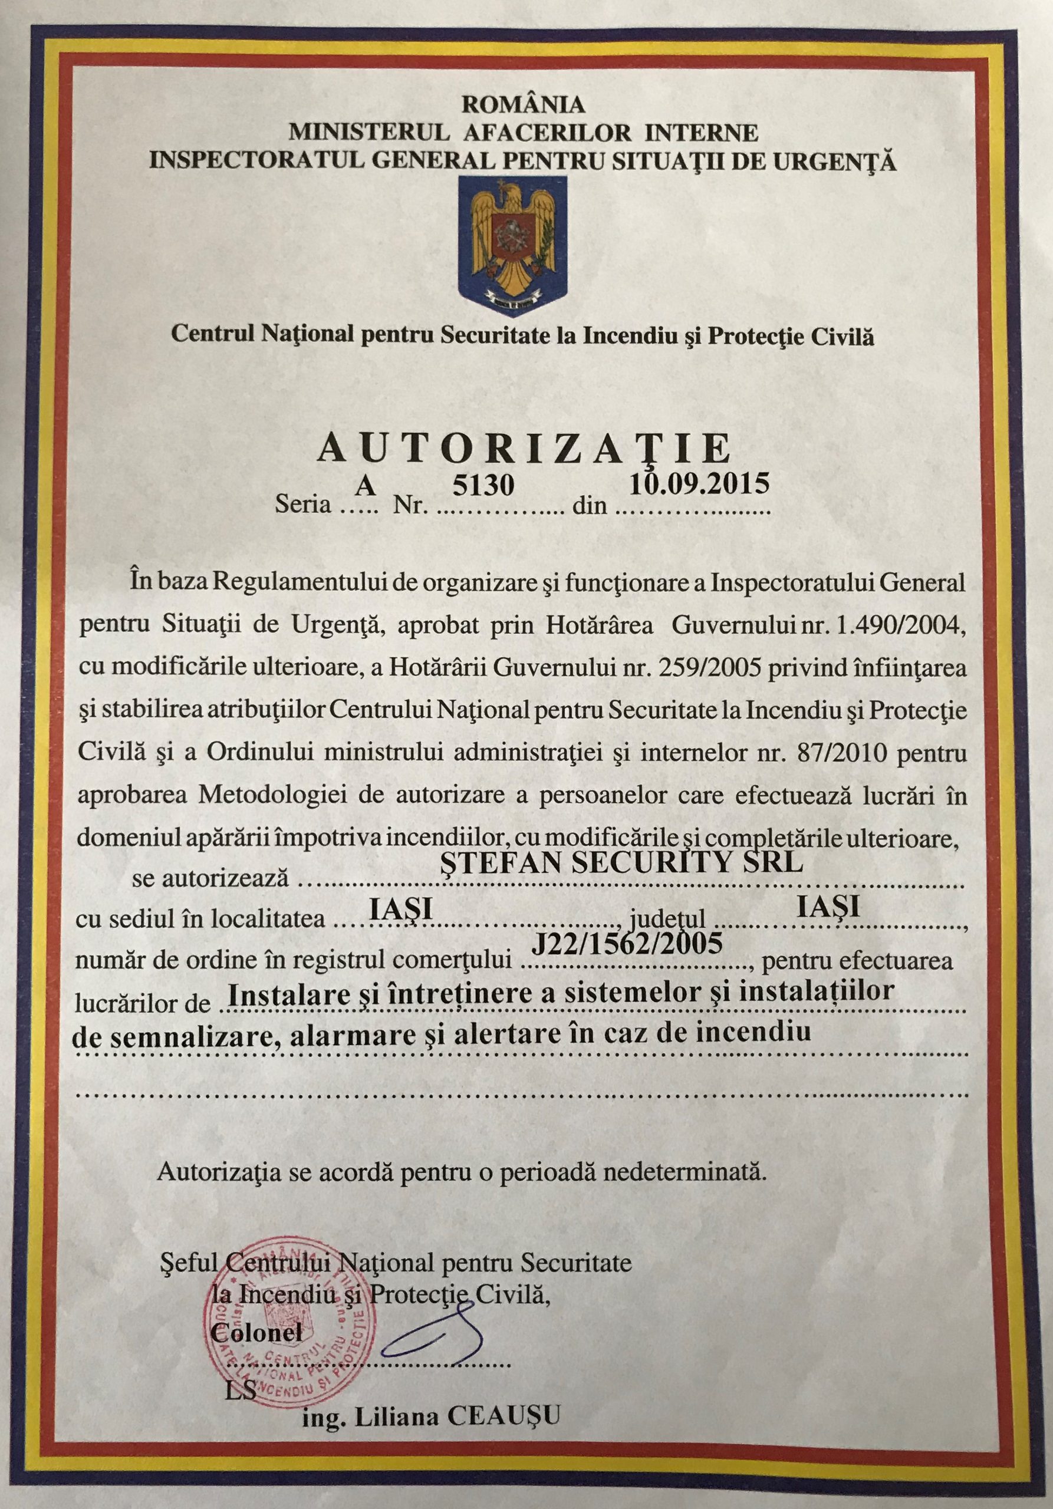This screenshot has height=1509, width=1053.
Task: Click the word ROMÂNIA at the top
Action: click(x=523, y=104)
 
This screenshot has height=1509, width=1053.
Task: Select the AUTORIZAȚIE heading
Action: click(x=524, y=449)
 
